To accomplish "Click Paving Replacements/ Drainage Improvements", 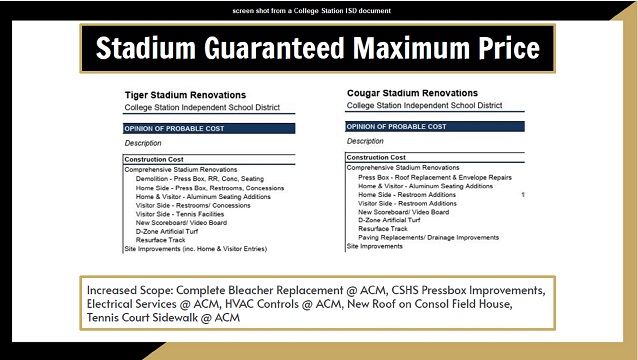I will [x=428, y=237].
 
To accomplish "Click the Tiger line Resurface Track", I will [x=161, y=239].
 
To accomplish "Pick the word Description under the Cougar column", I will [x=366, y=141].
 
